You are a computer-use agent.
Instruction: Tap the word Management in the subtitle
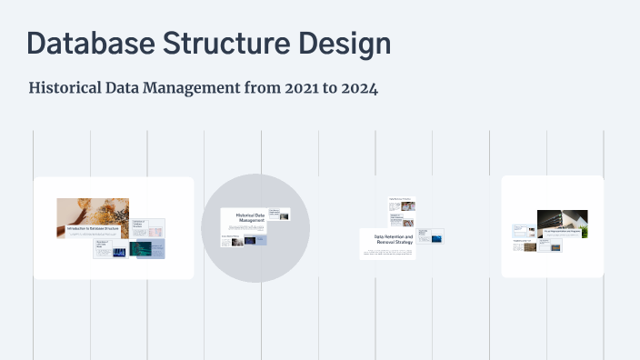(x=193, y=89)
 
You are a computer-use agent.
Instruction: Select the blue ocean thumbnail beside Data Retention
(x=435, y=236)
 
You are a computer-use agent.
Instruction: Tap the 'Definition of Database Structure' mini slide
(x=147, y=226)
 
